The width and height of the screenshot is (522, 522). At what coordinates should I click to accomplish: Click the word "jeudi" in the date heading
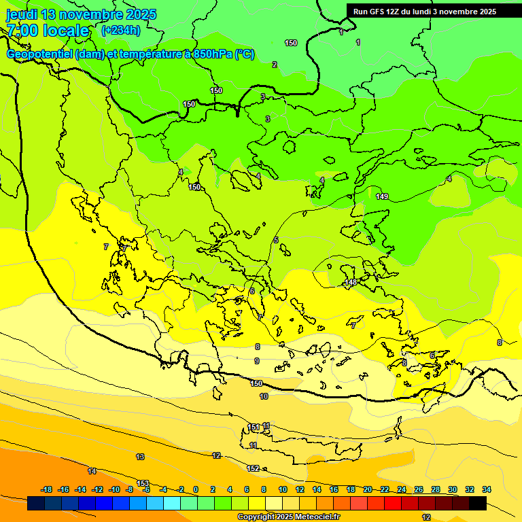coord(22,14)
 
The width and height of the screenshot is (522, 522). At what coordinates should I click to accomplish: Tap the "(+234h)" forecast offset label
coord(120,30)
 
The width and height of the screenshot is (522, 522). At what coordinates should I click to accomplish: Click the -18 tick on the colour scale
coord(46,489)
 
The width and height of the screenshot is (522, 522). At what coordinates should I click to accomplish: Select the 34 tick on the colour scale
coord(486,489)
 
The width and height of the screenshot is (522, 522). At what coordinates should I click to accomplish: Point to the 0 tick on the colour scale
coord(196,489)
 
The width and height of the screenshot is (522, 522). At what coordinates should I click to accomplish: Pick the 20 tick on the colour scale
coord(368,489)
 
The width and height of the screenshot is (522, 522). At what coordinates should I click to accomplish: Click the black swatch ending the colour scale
coord(478,503)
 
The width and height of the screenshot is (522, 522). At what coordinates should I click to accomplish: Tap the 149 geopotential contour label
coord(382,196)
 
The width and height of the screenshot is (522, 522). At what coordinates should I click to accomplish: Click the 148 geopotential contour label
coord(351,282)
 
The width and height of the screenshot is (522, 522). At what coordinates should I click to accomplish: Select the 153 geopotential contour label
coord(143,483)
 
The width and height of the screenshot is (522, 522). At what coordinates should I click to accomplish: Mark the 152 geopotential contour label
coord(253,468)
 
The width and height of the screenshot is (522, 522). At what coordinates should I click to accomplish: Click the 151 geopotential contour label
coord(254,428)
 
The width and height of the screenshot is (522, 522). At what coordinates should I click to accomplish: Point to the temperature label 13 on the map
coord(140,457)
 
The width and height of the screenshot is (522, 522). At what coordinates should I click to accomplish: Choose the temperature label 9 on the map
coord(257,361)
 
